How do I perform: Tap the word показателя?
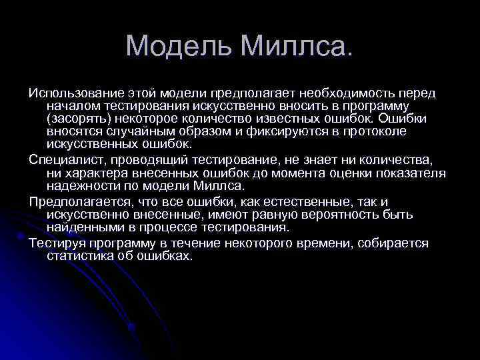(411, 173)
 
